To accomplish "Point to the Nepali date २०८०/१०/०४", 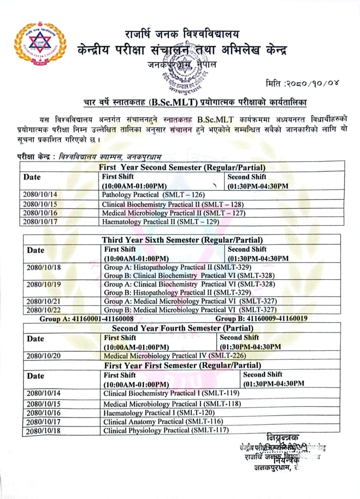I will (302, 83).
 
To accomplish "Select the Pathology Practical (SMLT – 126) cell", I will (153, 195).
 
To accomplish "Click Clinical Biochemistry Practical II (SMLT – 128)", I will (173, 204).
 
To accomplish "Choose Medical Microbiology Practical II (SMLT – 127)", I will (174, 213).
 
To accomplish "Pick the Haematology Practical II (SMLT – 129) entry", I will (160, 222).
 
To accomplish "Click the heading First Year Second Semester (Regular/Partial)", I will (182, 168).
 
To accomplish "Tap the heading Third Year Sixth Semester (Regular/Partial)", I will (182, 240).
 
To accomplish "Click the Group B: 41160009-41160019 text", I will (261, 319).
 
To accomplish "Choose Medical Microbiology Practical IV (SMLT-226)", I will (175, 356).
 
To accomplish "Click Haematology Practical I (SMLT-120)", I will (159, 413).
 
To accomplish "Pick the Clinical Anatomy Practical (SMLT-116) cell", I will (163, 421).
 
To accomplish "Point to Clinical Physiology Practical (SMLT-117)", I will (166, 430).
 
